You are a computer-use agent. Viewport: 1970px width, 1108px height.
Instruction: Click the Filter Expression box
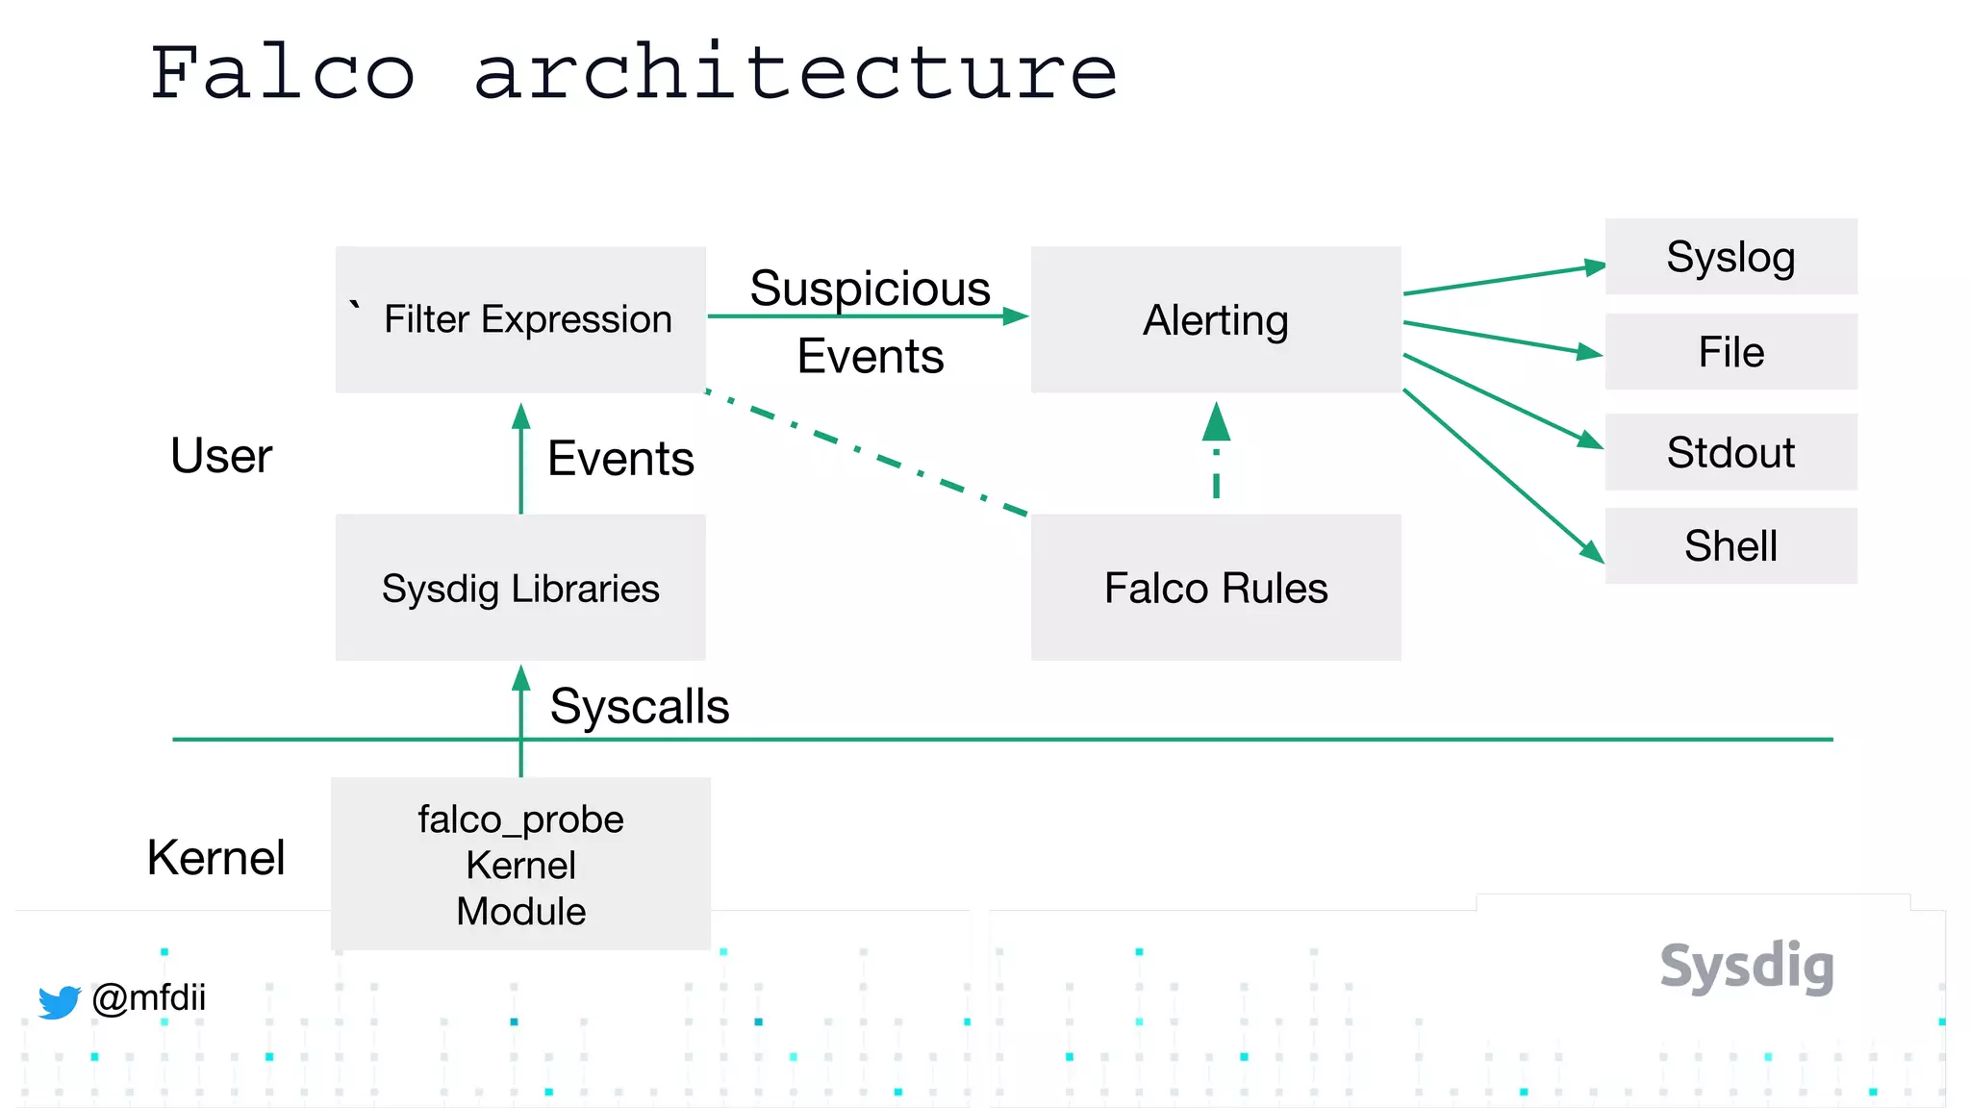(520, 319)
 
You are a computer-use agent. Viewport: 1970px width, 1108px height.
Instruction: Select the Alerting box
(1215, 319)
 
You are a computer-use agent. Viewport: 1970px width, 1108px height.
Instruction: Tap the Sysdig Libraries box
(520, 588)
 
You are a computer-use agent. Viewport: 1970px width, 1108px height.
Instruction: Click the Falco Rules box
(1215, 588)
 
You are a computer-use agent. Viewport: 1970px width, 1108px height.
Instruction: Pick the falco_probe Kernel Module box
(520, 864)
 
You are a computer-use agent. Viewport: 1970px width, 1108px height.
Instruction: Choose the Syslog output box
(1730, 257)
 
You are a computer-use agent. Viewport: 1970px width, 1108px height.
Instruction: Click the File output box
(1730, 352)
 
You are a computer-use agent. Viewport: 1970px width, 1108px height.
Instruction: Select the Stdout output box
(1730, 452)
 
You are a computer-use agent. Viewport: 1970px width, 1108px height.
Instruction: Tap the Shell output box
(1730, 545)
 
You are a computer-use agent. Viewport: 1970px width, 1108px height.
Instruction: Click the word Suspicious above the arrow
(870, 288)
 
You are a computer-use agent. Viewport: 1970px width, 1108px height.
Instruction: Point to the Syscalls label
(640, 706)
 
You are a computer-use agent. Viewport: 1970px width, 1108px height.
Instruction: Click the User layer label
(221, 456)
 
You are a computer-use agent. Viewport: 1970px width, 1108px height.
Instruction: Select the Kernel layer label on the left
(216, 857)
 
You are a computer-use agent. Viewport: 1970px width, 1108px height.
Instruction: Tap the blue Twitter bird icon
(60, 1001)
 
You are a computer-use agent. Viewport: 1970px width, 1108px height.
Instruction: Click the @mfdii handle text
(149, 997)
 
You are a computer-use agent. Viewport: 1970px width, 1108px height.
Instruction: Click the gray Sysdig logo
(1747, 967)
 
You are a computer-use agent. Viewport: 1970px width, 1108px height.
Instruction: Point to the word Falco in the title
(283, 73)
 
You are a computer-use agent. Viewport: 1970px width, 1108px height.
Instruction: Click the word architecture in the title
(796, 73)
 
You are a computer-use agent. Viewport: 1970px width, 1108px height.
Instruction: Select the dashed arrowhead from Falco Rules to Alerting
(1216, 422)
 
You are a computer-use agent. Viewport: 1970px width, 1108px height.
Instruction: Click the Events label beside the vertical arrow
(620, 458)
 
